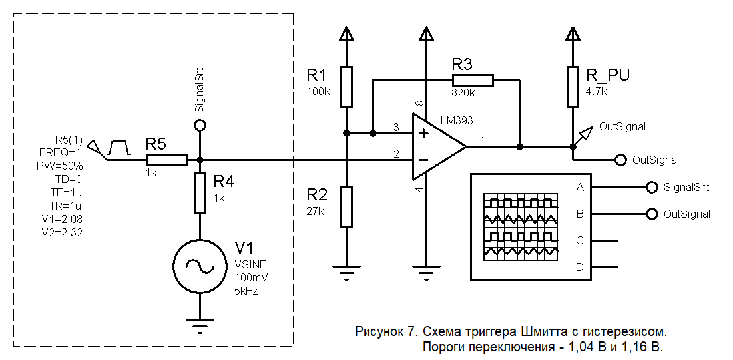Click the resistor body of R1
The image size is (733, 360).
point(347,87)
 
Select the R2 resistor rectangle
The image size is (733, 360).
point(347,206)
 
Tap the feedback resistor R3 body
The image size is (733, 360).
point(473,81)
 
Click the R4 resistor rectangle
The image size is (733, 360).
point(200,193)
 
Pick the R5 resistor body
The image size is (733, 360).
point(166,160)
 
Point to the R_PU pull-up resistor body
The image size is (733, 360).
point(573,87)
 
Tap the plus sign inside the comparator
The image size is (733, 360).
point(423,133)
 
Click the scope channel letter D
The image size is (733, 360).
point(580,267)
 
